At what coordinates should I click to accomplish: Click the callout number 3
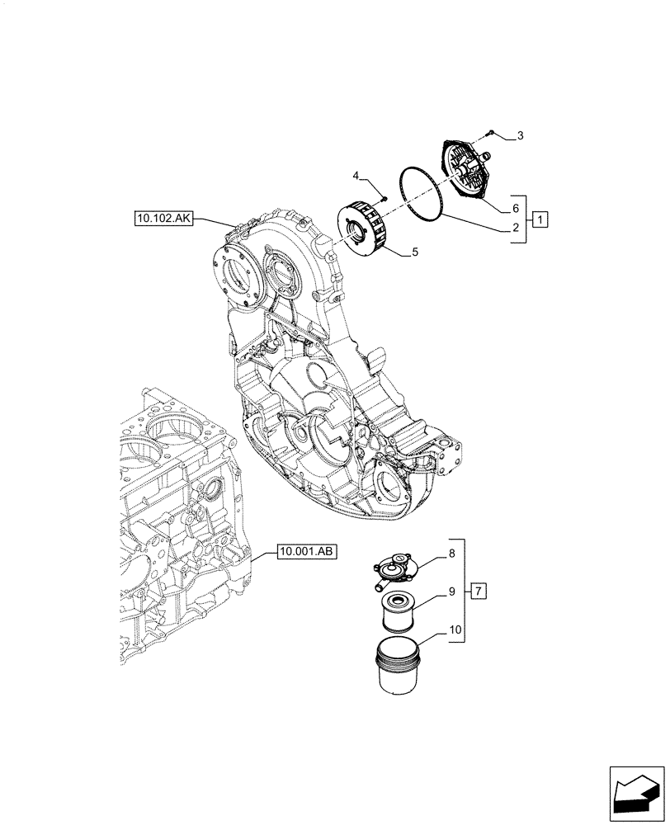(519, 135)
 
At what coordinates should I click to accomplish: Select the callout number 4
(356, 177)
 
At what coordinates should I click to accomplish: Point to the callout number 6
(515, 209)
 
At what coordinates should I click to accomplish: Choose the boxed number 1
(539, 219)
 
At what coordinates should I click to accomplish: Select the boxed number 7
(479, 591)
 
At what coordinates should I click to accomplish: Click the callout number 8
(452, 555)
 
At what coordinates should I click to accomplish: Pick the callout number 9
(452, 591)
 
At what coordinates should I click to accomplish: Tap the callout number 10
(455, 630)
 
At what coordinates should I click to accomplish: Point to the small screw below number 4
(384, 197)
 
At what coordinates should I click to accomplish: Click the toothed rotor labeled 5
(364, 234)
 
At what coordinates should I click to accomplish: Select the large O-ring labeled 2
(422, 204)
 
